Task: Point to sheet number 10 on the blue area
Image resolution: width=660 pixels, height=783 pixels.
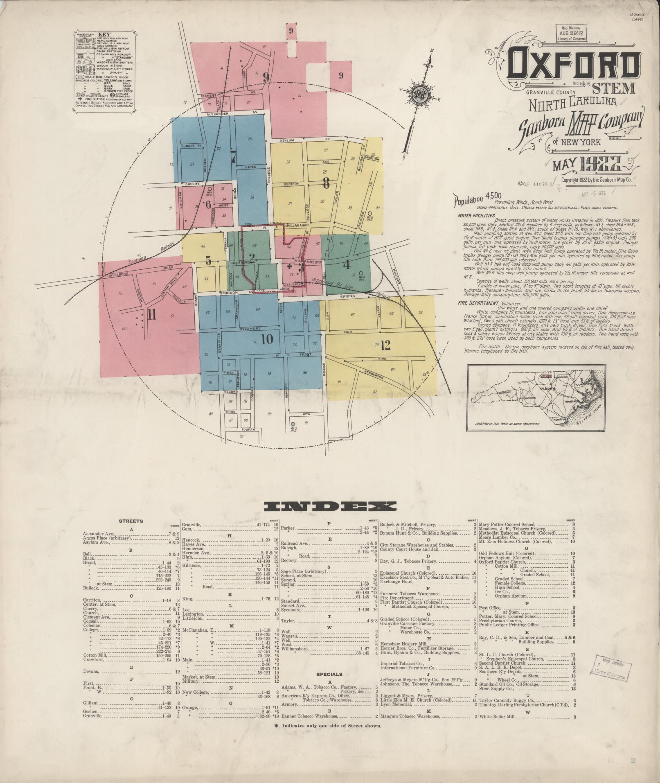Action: point(266,339)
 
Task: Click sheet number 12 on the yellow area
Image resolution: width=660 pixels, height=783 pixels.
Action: point(385,346)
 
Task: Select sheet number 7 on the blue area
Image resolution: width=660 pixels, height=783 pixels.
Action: point(233,157)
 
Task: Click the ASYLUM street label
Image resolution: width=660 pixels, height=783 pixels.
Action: point(287,140)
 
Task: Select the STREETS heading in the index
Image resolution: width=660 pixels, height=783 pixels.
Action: point(131,521)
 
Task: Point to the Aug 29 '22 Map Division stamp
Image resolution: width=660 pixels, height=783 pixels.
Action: point(571,32)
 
